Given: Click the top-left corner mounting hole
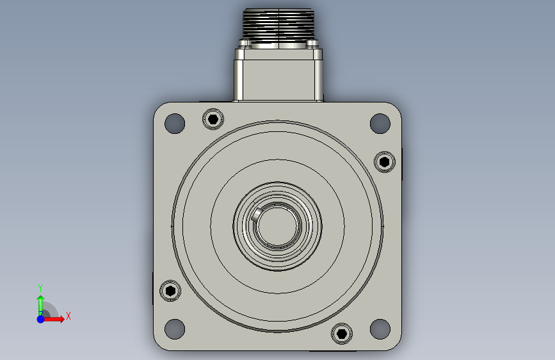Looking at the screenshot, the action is click(x=175, y=123).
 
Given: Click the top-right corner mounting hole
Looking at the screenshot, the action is click(x=380, y=123).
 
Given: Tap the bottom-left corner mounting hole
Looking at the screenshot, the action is click(x=175, y=329).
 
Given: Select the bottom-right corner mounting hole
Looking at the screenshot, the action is click(x=380, y=329).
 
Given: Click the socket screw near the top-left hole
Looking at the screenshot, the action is click(x=213, y=119).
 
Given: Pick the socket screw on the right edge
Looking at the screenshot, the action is click(x=385, y=162).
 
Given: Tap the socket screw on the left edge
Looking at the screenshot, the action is click(x=170, y=291).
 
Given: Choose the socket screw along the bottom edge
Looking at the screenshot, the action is click(x=342, y=334).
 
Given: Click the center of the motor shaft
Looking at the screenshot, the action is click(x=278, y=226).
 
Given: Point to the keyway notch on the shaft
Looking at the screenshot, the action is click(x=257, y=214).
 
